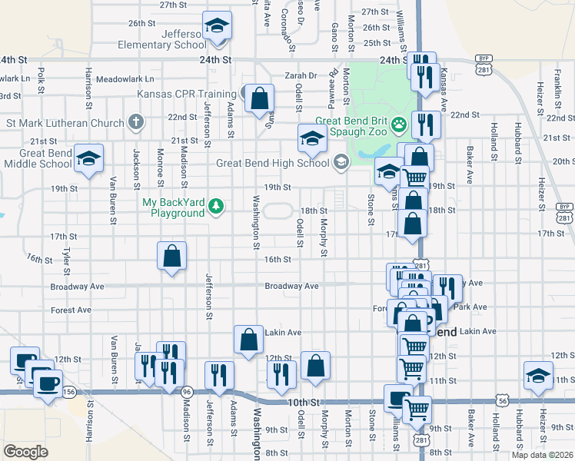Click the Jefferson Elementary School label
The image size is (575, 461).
[x=162, y=39]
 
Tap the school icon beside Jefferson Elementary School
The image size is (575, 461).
[x=217, y=28]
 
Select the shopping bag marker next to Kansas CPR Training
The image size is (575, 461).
[x=260, y=98]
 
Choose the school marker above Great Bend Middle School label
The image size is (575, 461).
[x=89, y=159]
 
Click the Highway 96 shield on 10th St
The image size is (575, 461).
[x=187, y=392]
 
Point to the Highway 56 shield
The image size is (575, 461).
[x=503, y=400]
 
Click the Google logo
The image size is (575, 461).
[x=25, y=452]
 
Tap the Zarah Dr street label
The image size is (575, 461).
[x=301, y=76]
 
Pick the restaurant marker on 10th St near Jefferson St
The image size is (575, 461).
[x=219, y=376]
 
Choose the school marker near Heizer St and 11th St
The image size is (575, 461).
[x=538, y=376]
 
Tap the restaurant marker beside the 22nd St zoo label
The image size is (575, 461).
[x=425, y=124]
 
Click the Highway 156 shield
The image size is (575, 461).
[x=70, y=392]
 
